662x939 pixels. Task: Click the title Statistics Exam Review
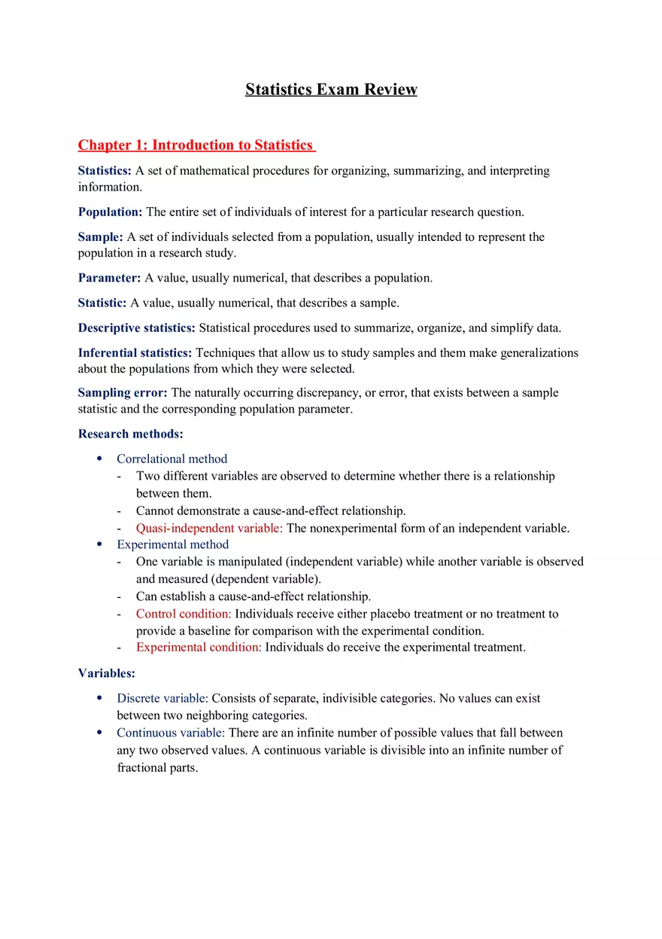[331, 90]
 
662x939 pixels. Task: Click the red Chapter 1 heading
[196, 145]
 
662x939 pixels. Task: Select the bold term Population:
[110, 212]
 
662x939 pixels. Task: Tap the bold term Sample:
[101, 237]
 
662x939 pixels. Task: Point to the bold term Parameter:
[109, 278]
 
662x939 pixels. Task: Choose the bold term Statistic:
[102, 303]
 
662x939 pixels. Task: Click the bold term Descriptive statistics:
[136, 328]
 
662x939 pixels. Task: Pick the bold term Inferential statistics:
[135, 352]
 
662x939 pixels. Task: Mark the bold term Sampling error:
[123, 392]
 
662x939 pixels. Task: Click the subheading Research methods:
[130, 434]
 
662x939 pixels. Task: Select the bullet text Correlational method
[172, 459]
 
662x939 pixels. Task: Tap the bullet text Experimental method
[172, 544]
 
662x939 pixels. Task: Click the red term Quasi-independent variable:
[209, 528]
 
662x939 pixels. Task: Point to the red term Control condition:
[184, 614]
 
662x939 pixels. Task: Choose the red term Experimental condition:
[199, 647]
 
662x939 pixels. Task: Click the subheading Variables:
[106, 673]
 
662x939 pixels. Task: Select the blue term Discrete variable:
[162, 698]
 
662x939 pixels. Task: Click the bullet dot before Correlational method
[99, 459]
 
